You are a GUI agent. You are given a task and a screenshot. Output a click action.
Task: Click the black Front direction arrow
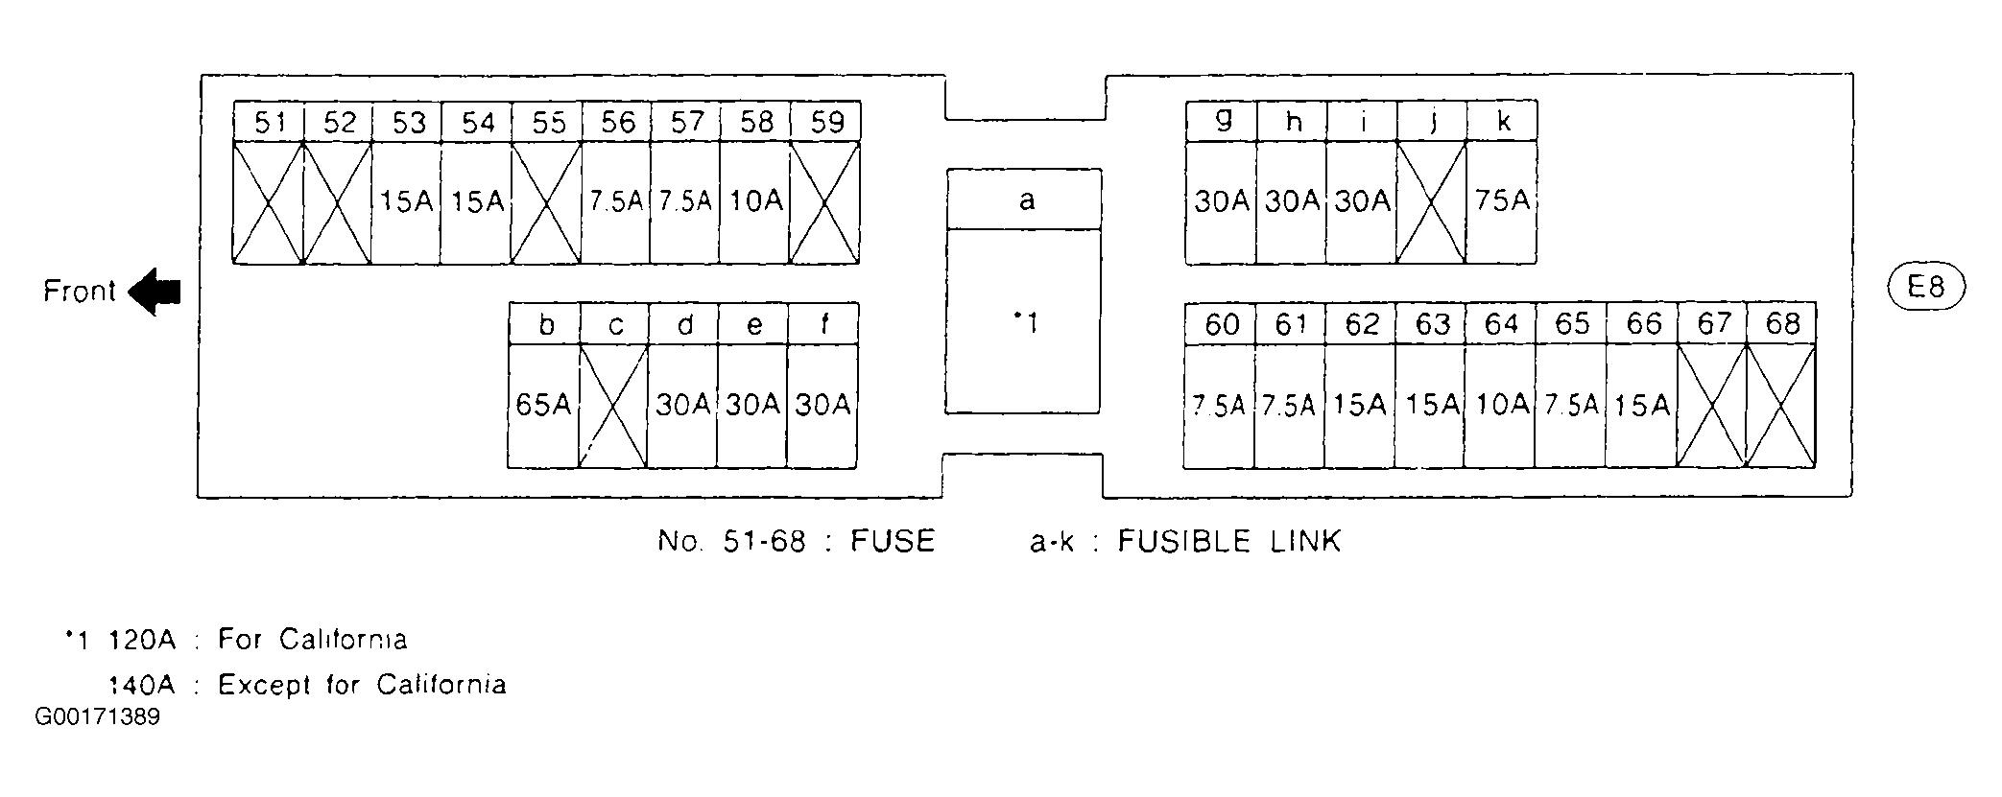point(154,292)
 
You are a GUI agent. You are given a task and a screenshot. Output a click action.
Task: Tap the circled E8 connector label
point(1925,287)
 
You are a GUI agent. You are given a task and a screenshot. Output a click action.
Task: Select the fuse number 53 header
point(407,123)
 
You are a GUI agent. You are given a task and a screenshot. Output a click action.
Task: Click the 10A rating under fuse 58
point(755,201)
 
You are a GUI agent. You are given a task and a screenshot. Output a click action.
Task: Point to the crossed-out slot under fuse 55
point(546,202)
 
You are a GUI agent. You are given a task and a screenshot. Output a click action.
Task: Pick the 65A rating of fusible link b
point(543,405)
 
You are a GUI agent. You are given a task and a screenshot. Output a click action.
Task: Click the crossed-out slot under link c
point(613,406)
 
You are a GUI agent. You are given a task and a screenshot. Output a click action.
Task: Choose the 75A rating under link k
point(1502,201)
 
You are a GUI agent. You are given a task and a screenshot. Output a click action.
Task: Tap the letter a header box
point(1025,200)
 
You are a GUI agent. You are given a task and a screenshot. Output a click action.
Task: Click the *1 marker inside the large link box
point(1025,323)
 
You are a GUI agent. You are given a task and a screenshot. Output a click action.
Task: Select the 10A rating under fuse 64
point(1501,405)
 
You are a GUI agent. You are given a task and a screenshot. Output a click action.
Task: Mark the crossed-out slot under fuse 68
point(1781,406)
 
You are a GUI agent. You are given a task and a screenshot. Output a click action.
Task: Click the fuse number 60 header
point(1221,324)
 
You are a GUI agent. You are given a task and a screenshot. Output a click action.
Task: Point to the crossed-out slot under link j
point(1432,201)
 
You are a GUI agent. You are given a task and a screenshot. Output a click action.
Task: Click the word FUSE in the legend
point(893,542)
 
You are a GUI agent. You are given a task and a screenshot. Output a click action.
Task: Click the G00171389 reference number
point(97,717)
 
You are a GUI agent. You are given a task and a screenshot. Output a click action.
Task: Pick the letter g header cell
point(1222,121)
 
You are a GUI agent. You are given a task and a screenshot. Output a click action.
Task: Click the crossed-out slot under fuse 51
point(269,202)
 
